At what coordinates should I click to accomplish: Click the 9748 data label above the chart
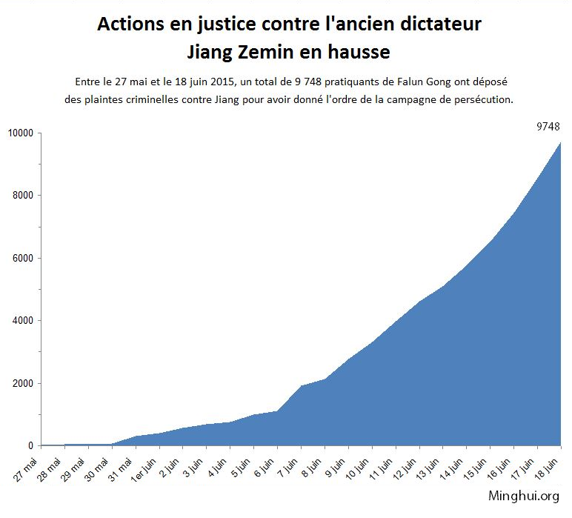click(x=548, y=127)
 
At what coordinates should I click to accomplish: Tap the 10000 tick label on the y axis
click(x=21, y=133)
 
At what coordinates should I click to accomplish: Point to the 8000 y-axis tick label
click(x=23, y=196)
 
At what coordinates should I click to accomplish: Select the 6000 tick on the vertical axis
click(x=23, y=259)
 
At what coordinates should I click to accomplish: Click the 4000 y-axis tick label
click(x=23, y=321)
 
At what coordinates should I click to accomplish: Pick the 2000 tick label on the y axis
click(x=23, y=384)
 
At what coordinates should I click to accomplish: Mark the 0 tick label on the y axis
click(x=30, y=446)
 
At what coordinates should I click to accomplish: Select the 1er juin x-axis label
click(x=145, y=468)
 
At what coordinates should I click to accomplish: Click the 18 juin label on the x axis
click(x=548, y=466)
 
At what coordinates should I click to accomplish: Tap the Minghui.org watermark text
click(x=524, y=496)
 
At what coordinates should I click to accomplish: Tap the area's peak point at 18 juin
click(x=560, y=142)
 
